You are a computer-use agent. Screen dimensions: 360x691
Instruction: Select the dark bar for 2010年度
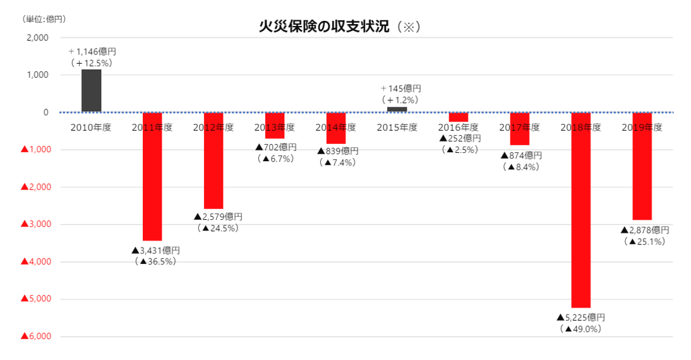[x=91, y=90]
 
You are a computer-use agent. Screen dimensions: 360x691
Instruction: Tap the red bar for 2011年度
[x=152, y=177]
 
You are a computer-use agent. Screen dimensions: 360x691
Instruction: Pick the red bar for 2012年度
[x=213, y=160]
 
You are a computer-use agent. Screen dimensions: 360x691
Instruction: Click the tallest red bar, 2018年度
[x=580, y=210]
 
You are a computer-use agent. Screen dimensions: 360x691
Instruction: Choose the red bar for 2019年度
[x=642, y=166]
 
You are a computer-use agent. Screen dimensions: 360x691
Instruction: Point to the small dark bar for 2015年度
[x=397, y=109]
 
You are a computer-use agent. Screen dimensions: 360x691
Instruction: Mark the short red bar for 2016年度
[x=458, y=117]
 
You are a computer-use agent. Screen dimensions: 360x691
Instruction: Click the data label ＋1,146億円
[x=92, y=52]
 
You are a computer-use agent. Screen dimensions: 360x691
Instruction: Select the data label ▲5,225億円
[x=581, y=317]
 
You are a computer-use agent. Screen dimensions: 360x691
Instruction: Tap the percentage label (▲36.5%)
[x=155, y=261]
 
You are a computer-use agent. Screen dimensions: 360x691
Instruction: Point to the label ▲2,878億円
[x=644, y=230]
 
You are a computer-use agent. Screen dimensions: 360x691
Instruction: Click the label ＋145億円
[x=400, y=88]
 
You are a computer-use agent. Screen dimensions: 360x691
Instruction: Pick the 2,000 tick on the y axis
[x=38, y=38]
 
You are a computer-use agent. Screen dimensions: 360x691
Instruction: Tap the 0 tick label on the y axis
[x=45, y=112]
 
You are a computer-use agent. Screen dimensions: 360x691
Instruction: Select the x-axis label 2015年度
[x=397, y=128]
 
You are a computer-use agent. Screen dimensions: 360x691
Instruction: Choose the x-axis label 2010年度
[x=91, y=128]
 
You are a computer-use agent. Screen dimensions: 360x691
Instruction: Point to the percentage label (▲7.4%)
[x=338, y=162]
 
